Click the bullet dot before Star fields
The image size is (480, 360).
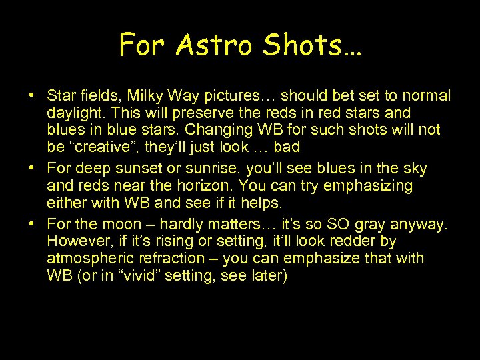[32, 96]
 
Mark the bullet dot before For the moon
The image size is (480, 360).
[32, 225]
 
